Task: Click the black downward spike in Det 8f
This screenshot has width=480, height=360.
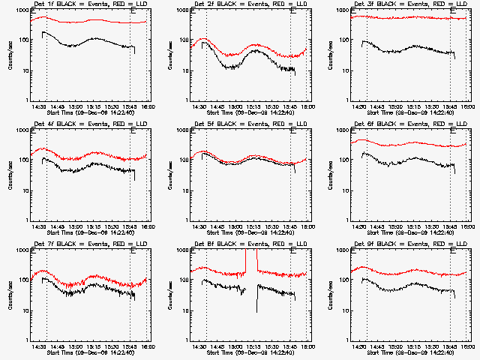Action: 256,304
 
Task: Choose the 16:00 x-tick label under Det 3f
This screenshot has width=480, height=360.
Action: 466,107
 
